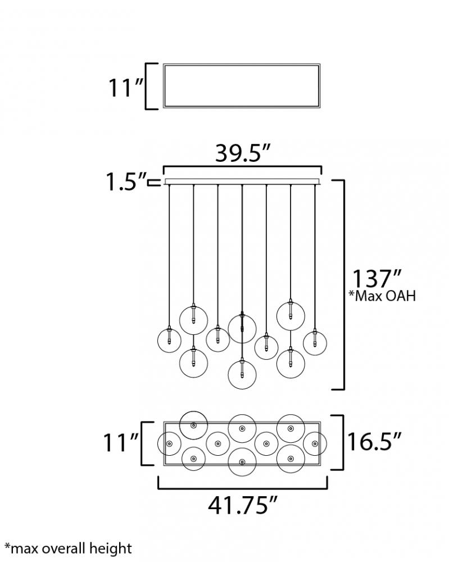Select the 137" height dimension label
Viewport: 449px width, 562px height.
point(377,279)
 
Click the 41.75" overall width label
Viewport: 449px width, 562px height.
point(243,505)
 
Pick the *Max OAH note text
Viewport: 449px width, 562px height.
point(382,296)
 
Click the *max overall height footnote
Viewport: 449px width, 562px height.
point(68,549)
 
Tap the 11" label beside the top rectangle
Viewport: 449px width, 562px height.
point(126,87)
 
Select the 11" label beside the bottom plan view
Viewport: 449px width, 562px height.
point(121,442)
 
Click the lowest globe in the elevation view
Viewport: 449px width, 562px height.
point(242,388)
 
